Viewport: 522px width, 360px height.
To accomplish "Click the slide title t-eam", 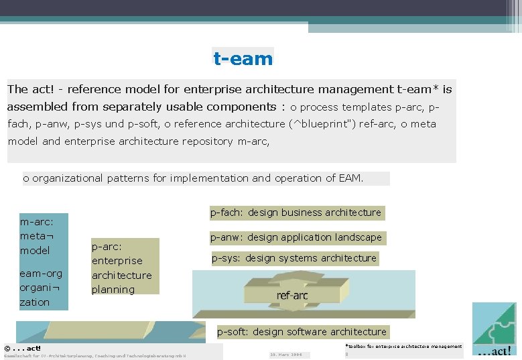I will [x=243, y=58].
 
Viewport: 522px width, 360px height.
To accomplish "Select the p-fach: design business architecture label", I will [x=296, y=213].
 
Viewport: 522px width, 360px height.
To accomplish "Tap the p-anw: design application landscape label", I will [x=296, y=237].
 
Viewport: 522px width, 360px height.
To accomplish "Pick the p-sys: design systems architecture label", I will [x=294, y=258].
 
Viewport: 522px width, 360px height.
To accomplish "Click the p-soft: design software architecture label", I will [x=302, y=332].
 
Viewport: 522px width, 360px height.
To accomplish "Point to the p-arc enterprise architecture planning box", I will [x=125, y=267].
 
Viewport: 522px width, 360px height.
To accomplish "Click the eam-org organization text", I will [x=41, y=288].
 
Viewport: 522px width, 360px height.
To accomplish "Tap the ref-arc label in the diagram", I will [x=292, y=296].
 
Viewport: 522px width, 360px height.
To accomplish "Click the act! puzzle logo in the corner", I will [x=495, y=329].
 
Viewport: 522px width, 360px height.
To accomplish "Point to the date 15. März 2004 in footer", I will [x=285, y=355].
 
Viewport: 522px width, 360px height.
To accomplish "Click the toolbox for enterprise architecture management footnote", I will [x=403, y=347].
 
